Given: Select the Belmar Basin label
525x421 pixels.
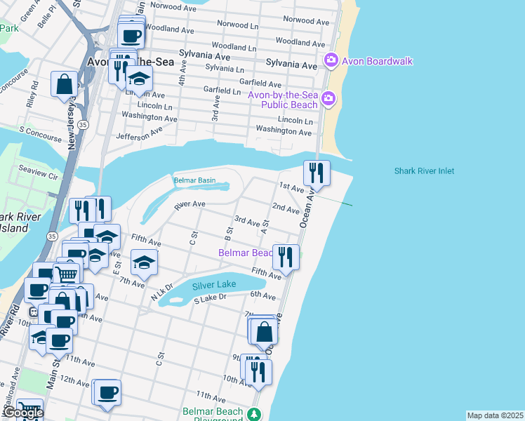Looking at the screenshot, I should pos(194,180).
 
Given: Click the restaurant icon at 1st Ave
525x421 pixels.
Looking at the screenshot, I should pos(317,173).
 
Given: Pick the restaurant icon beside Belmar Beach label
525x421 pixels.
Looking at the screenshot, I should pos(286,256).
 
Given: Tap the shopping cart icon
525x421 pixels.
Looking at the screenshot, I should pos(66,274).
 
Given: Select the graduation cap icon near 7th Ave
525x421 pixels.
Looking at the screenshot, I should pos(145,263).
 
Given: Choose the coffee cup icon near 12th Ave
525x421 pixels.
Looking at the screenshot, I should pos(107,393).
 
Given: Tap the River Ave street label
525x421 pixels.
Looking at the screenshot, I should pos(190,205).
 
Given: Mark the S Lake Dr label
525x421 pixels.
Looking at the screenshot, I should pos(211,299).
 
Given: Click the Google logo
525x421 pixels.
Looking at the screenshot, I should pos(22,413).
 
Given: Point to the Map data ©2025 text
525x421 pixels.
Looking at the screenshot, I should pos(495,415).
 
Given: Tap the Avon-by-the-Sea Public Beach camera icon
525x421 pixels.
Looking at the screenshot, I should pos(327,100).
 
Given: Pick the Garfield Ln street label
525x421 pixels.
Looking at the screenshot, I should pos(222,91).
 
